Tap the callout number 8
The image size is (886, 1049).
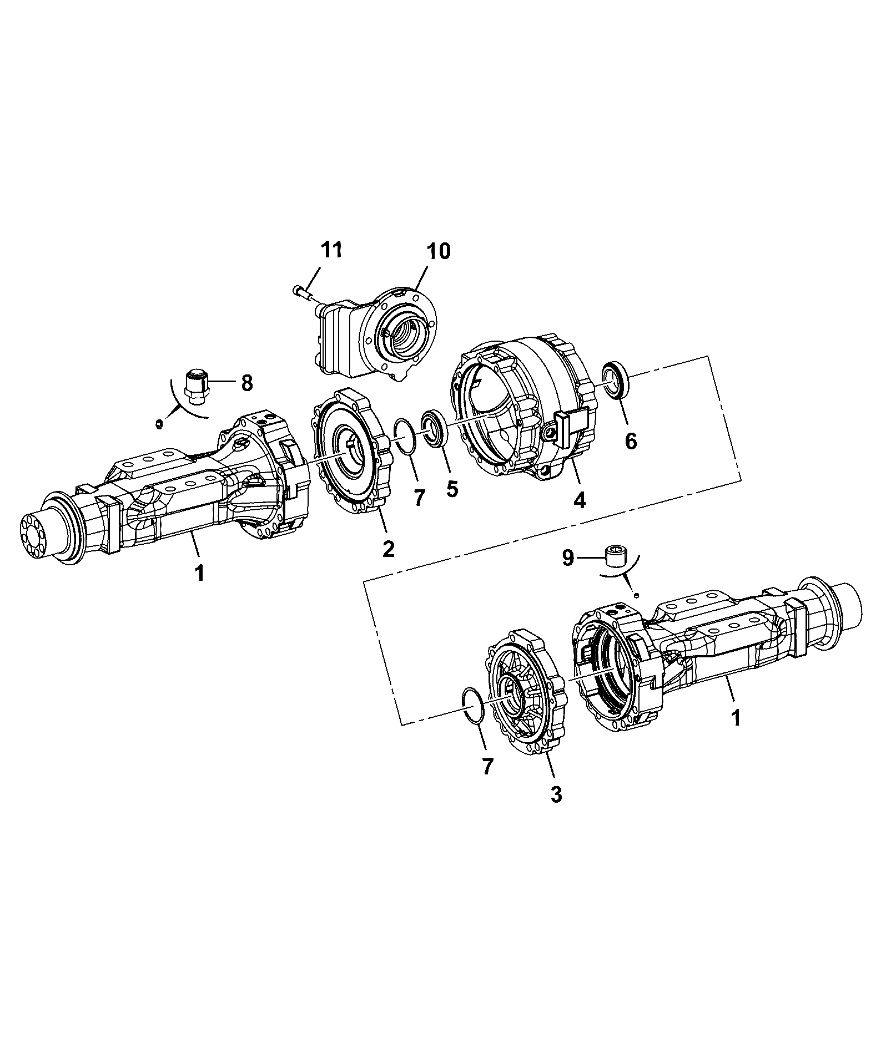click(246, 382)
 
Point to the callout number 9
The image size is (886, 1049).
click(567, 558)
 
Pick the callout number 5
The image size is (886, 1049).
click(452, 489)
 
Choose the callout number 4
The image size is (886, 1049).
click(579, 500)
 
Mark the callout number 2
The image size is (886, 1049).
click(388, 549)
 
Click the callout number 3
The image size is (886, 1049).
click(556, 794)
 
